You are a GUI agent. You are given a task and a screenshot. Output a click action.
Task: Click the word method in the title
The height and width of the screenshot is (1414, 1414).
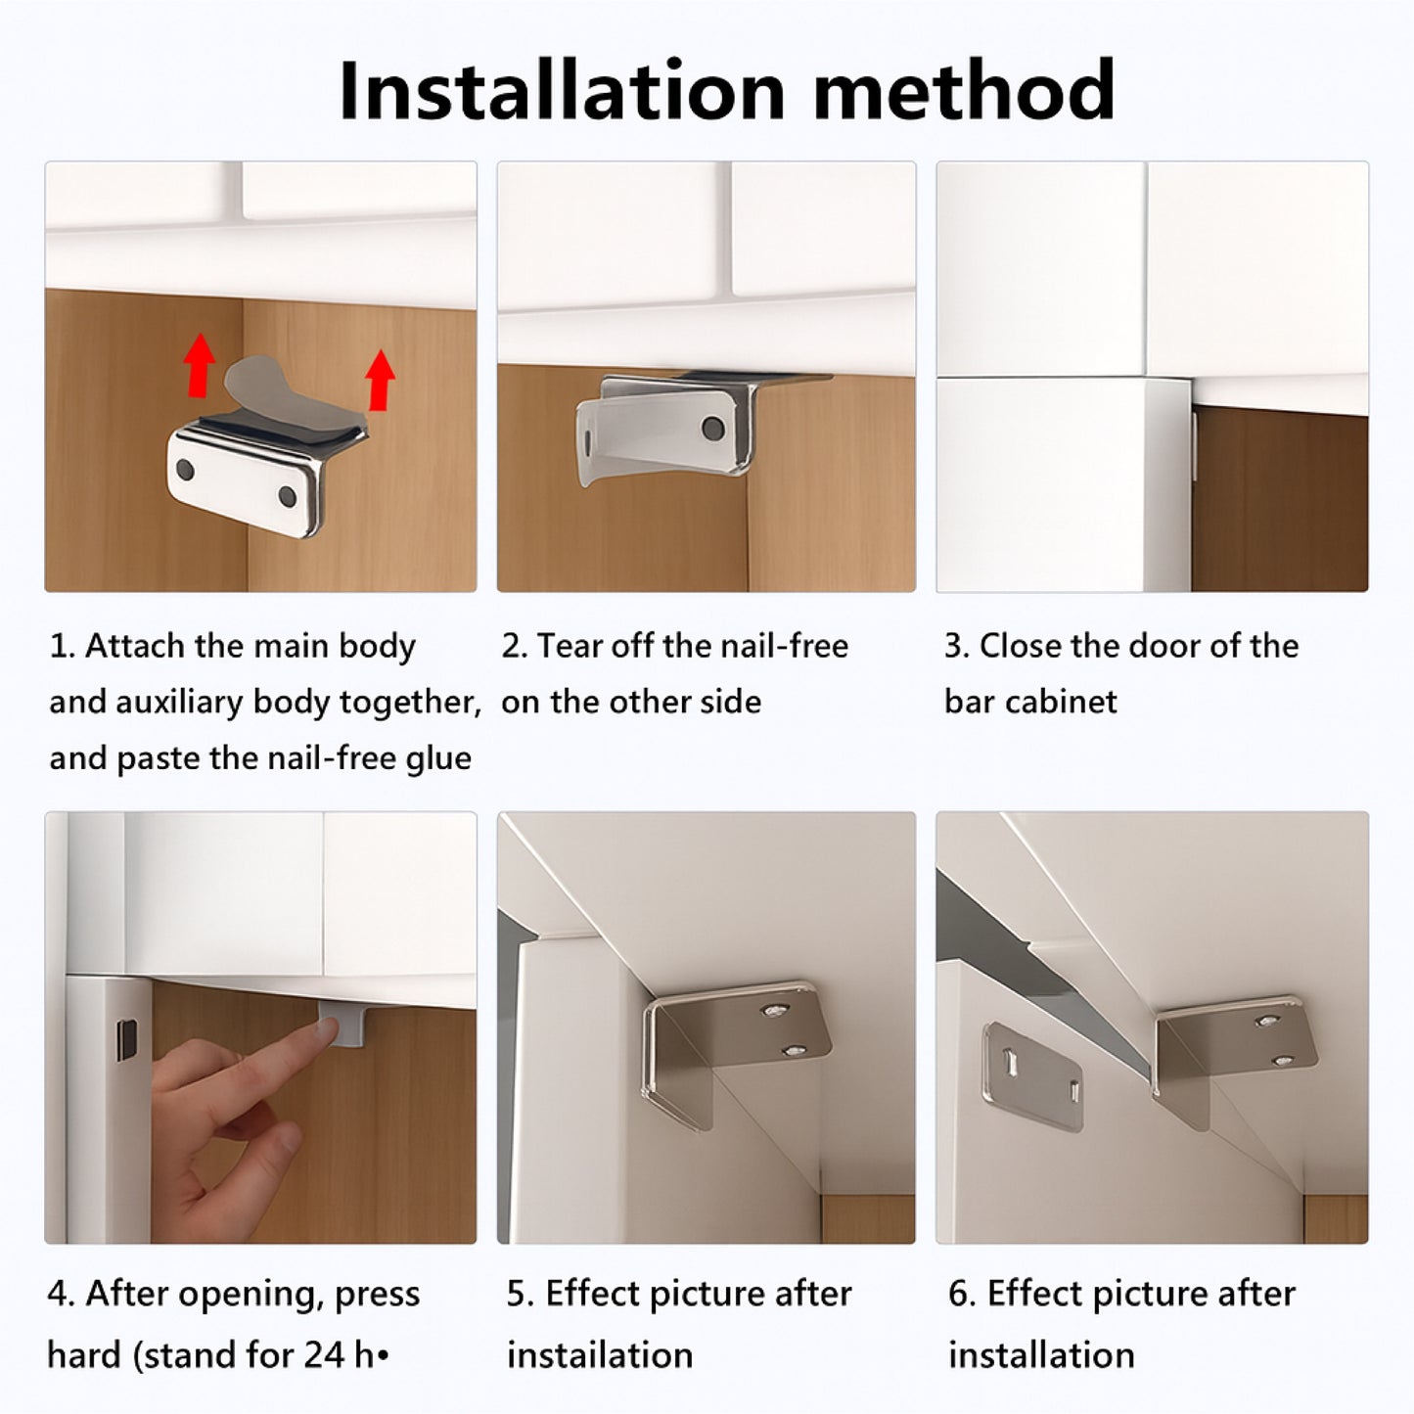[963, 90]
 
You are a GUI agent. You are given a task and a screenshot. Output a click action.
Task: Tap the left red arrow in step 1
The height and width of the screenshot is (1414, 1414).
[200, 365]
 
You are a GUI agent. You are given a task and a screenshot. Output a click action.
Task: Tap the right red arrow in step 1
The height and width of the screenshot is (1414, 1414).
[380, 381]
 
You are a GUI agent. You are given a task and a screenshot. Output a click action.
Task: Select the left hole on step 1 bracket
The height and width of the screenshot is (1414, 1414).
[185, 471]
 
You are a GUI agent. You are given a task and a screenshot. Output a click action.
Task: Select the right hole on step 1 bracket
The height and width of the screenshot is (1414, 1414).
[288, 496]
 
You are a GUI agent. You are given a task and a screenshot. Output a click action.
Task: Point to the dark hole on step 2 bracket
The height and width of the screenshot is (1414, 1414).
[712, 428]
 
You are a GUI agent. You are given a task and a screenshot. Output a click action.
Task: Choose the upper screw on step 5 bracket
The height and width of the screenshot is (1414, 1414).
[777, 1012]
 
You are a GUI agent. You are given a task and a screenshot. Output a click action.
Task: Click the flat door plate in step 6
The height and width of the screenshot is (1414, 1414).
[1033, 1076]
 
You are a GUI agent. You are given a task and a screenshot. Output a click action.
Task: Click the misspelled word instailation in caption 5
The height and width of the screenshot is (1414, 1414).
[600, 1354]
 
